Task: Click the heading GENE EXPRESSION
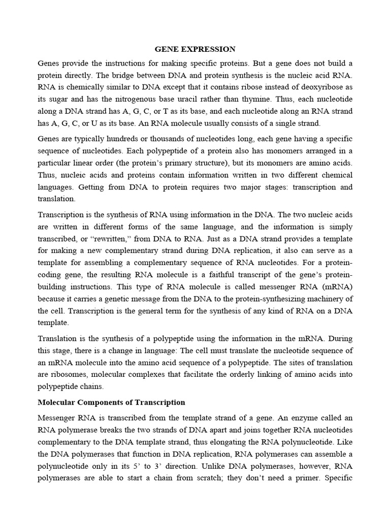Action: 195,49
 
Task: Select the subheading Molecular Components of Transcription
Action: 112,402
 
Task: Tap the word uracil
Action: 209,99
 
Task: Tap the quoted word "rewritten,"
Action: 110,239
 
